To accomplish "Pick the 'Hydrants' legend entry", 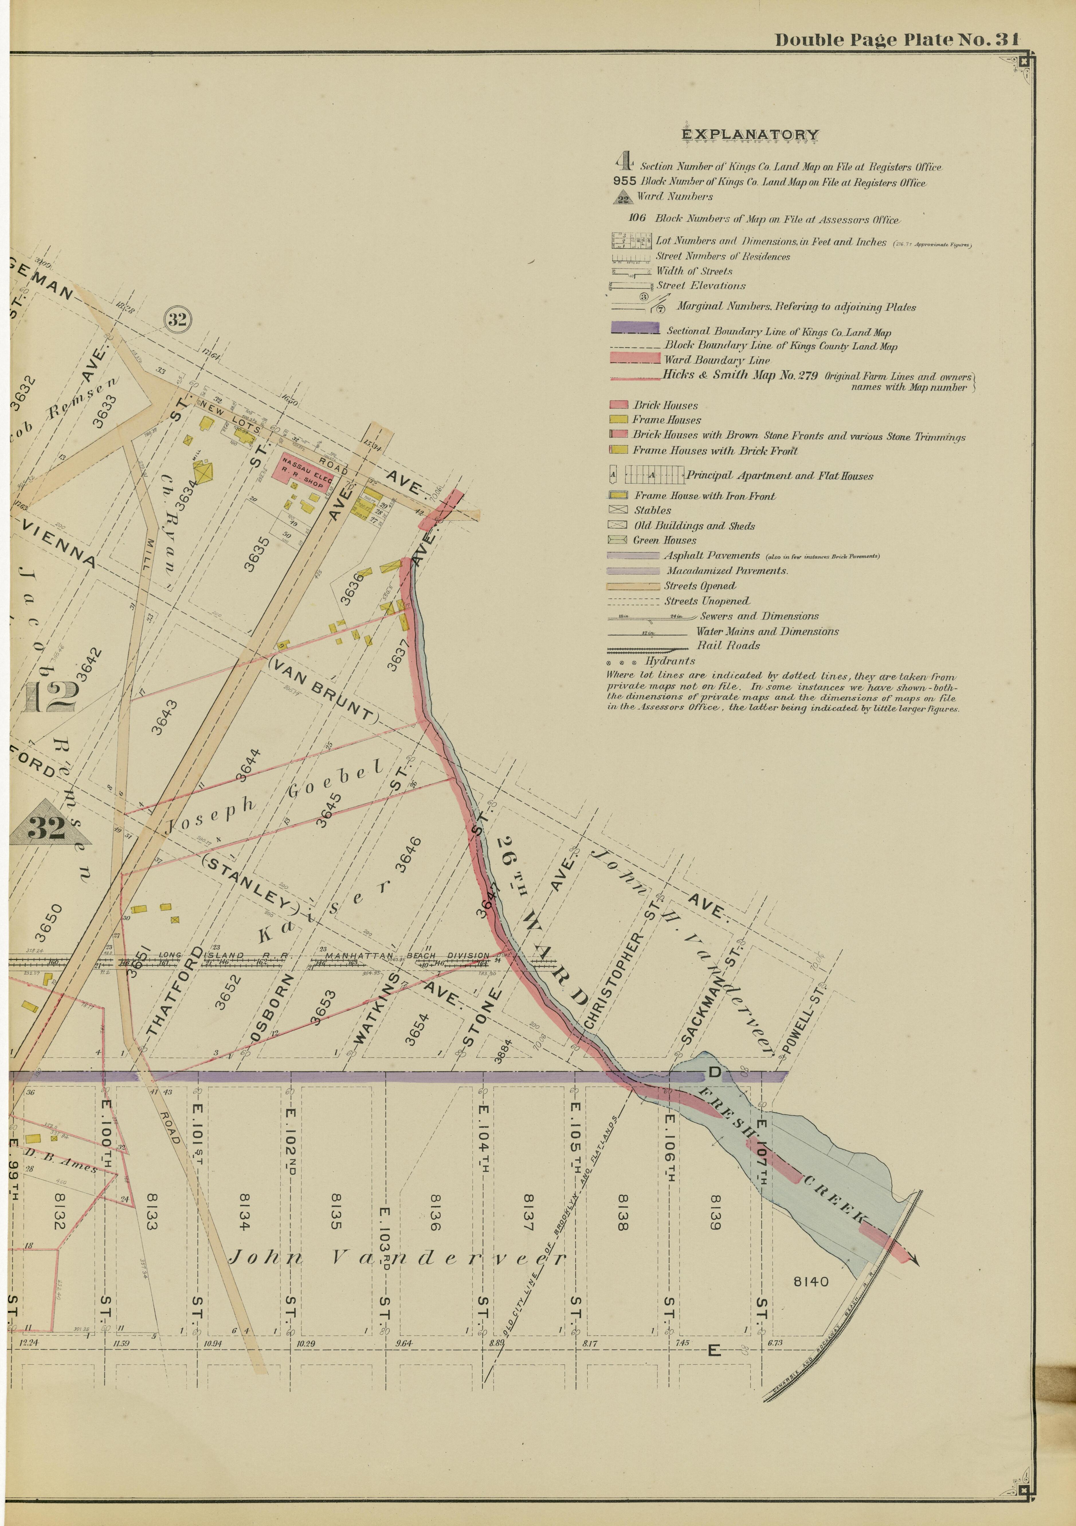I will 670,661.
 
